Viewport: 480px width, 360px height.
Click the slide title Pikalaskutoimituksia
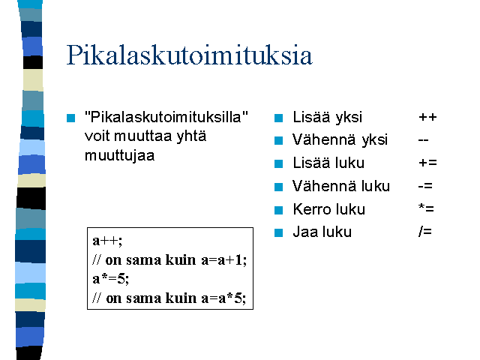(190, 55)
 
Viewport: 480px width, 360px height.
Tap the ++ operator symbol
(427, 117)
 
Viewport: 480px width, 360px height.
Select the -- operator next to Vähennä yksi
(423, 140)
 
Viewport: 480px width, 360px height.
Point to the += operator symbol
(427, 163)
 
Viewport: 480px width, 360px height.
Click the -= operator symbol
(425, 186)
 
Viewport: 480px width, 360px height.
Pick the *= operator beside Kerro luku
(426, 208)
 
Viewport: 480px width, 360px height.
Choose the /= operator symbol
(425, 232)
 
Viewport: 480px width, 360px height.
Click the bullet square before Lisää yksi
(278, 118)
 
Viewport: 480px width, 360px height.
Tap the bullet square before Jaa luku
(278, 232)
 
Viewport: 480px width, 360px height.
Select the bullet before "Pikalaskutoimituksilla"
(70, 118)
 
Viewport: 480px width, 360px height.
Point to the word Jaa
(304, 232)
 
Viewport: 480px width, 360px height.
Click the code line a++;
(107, 241)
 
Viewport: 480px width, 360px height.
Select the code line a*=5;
(111, 279)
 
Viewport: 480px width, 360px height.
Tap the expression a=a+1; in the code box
(223, 260)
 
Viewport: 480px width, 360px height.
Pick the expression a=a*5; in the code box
(223, 298)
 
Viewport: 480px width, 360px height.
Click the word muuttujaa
(120, 155)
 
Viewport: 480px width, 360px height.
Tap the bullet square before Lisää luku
(278, 163)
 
